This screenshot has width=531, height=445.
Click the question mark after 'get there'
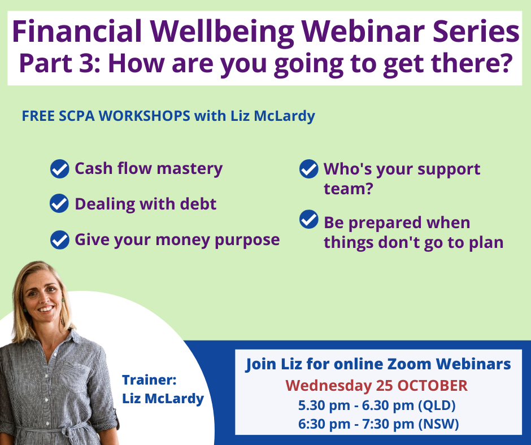(x=505, y=63)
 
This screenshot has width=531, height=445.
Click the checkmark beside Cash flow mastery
(x=60, y=169)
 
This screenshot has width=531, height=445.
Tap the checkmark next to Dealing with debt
(x=59, y=203)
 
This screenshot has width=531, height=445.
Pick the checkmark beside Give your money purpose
(x=60, y=240)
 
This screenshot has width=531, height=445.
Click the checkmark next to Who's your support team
(x=309, y=169)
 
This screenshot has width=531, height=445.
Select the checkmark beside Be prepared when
(x=309, y=219)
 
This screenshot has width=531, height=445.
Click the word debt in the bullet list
(x=198, y=204)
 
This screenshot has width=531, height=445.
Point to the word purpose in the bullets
(x=247, y=241)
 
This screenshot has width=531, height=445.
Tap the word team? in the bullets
(x=348, y=189)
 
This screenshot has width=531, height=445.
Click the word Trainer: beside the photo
(x=149, y=380)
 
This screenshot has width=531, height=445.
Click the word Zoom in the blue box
(x=409, y=364)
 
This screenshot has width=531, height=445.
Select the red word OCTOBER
(x=433, y=386)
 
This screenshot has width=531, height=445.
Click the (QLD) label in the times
(x=437, y=405)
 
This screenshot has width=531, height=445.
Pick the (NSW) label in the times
(x=438, y=424)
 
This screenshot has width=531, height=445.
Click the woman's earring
(x=63, y=300)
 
